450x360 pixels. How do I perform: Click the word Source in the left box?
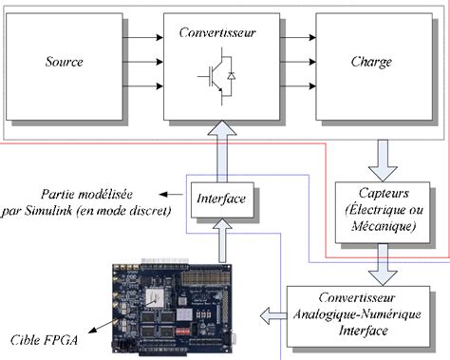[x=64, y=63]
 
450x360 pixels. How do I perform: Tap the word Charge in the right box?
[x=370, y=63]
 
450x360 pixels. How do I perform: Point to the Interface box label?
[x=219, y=198]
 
